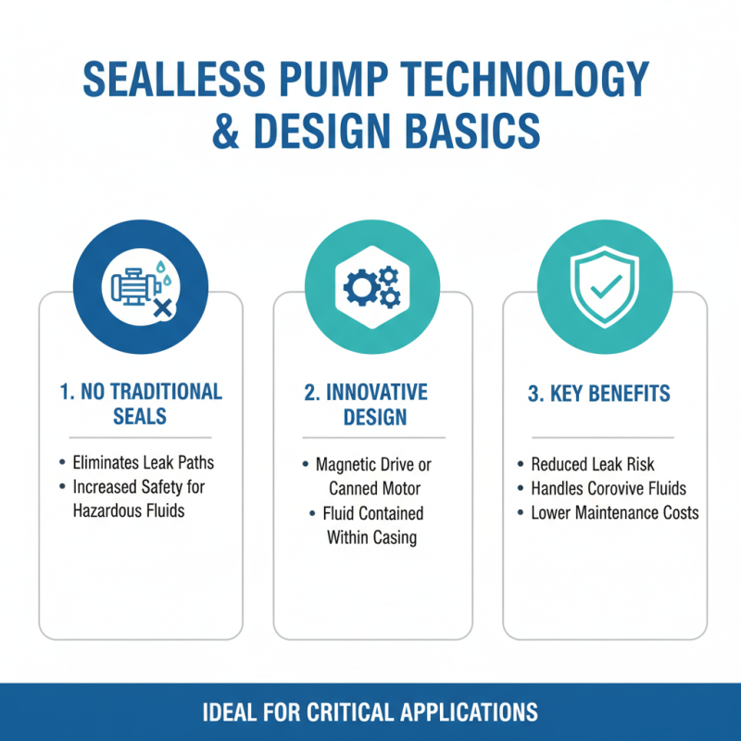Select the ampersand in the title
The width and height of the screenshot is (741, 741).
tap(227, 131)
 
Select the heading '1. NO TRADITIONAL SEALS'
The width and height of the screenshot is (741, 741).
tap(141, 403)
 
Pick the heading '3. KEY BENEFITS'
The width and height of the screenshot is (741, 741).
tap(598, 394)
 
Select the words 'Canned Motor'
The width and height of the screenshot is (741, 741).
tap(373, 488)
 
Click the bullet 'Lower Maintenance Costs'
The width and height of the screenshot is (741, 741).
tap(614, 513)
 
